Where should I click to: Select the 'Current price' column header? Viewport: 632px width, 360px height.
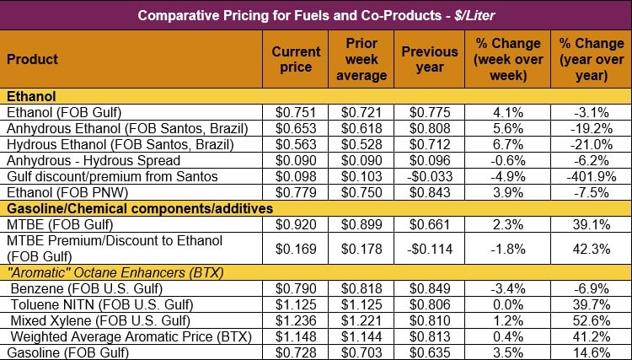coord(296,59)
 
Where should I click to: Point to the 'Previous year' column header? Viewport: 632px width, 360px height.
coord(430,59)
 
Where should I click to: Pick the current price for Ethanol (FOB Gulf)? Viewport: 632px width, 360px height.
coord(296,112)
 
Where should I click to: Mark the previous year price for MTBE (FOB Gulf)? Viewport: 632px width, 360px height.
coord(430,224)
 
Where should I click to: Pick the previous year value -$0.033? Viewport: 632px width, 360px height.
coord(430,176)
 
